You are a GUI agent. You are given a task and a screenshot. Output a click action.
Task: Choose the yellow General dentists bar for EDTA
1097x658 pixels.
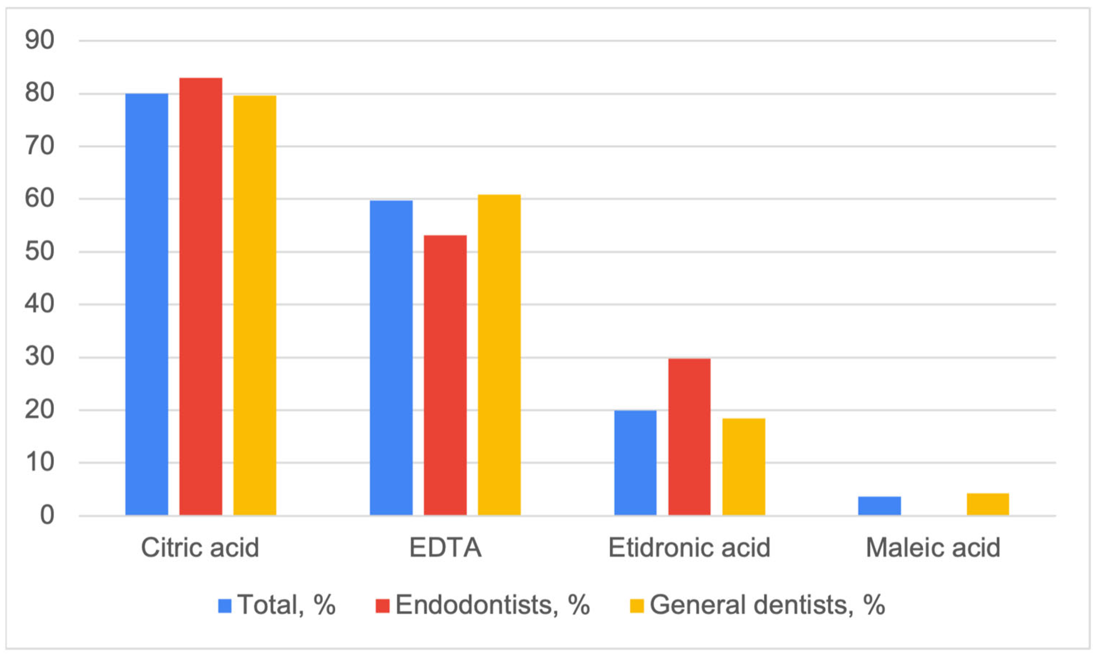coord(499,355)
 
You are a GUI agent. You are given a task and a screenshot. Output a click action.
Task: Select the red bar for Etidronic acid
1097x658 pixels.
coord(689,437)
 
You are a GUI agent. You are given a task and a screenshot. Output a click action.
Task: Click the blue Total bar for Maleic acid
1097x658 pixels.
coord(879,506)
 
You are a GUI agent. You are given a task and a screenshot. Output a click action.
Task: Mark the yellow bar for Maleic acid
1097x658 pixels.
coord(988,504)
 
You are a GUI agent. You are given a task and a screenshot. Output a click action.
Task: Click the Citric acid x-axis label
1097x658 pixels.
coord(200,548)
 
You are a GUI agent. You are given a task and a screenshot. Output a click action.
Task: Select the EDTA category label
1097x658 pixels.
coord(445,548)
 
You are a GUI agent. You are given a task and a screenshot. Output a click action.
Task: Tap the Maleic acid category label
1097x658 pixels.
coord(933,548)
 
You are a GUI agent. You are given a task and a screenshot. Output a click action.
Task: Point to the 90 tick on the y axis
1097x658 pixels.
coord(40,40)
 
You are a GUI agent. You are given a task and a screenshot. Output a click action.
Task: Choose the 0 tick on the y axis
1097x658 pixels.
coord(47,516)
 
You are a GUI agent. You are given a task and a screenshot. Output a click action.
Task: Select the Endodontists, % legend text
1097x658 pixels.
coord(493,605)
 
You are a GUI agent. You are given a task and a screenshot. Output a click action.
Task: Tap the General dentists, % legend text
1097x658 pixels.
coord(767,605)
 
